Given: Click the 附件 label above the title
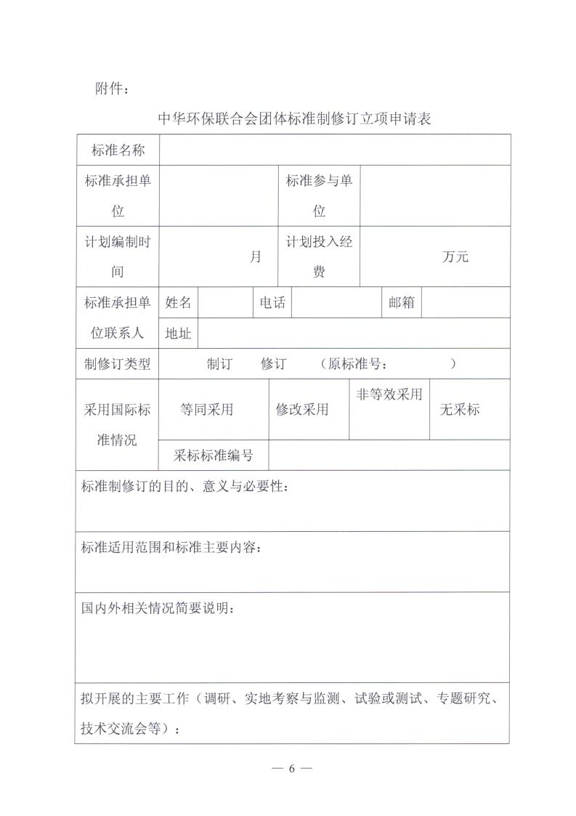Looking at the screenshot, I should coord(113,89).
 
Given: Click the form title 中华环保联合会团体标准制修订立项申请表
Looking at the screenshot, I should coord(294,118).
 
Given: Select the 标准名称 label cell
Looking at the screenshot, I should coord(118,150).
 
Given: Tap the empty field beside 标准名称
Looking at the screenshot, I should coord(335,150).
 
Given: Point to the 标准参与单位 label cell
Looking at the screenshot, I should coord(319,195).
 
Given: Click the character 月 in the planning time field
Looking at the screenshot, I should coord(256,256).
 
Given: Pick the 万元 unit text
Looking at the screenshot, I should coord(455,256).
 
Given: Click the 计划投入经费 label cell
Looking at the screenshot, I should coord(319,256).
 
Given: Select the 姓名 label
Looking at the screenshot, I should coord(179,302).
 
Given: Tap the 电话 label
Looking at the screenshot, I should coord(272,302).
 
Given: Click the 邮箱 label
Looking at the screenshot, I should coord(402,302).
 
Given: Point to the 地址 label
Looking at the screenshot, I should coord(179,333).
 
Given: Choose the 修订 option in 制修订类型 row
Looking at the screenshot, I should coord(274,364).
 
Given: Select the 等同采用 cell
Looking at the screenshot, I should coord(207,409).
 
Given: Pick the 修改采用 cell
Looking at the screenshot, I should coord(302,409).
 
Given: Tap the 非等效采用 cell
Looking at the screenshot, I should coord(389,395).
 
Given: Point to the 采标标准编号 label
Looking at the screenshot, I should coord(214,456).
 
